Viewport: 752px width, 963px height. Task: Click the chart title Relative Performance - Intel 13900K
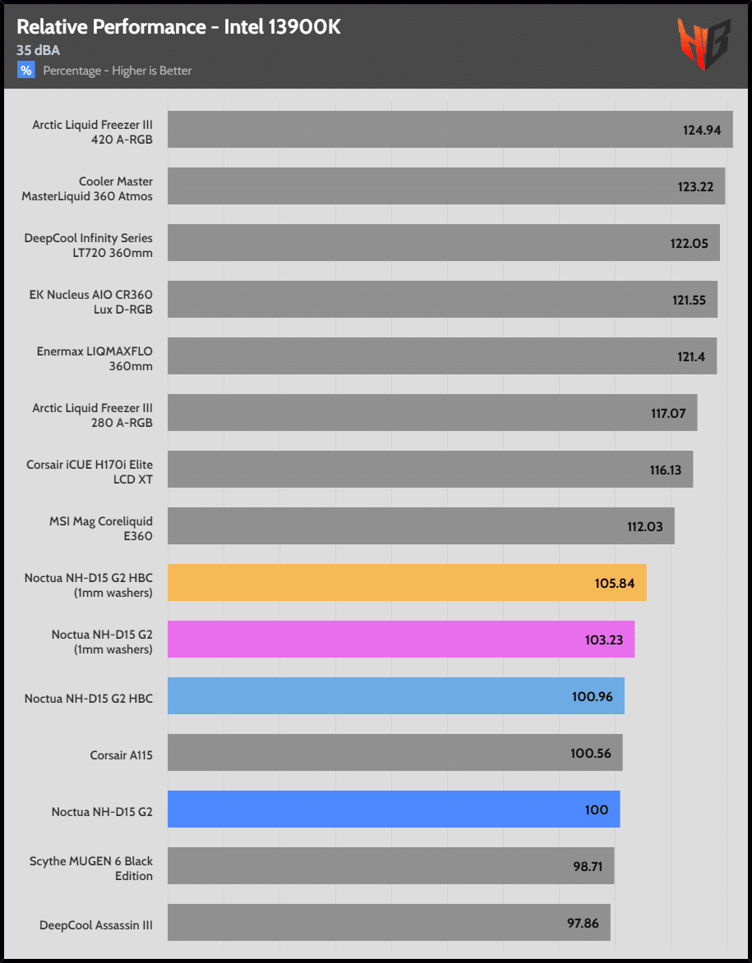click(178, 27)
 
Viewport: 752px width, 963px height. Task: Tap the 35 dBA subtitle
click(38, 50)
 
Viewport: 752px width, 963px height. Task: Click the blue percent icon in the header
click(26, 71)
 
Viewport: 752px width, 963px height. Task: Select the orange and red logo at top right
click(703, 44)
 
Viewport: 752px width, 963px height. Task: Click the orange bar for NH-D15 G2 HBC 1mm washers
click(407, 583)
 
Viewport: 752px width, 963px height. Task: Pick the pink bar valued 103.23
click(401, 640)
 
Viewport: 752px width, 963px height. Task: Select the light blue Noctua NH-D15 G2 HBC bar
click(396, 696)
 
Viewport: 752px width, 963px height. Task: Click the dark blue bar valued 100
click(394, 809)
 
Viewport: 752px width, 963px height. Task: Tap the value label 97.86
click(583, 923)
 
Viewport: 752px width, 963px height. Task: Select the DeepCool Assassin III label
click(96, 925)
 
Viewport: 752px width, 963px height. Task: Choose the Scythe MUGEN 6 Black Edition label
click(91, 869)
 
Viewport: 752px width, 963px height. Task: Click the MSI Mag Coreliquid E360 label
click(101, 529)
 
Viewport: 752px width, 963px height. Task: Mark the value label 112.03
click(644, 526)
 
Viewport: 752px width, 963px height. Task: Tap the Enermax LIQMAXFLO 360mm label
click(95, 359)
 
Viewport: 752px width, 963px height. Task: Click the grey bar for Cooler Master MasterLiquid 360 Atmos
click(446, 186)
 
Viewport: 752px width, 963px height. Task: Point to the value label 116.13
click(666, 470)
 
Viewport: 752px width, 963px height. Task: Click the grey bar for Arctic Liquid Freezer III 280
click(432, 413)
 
